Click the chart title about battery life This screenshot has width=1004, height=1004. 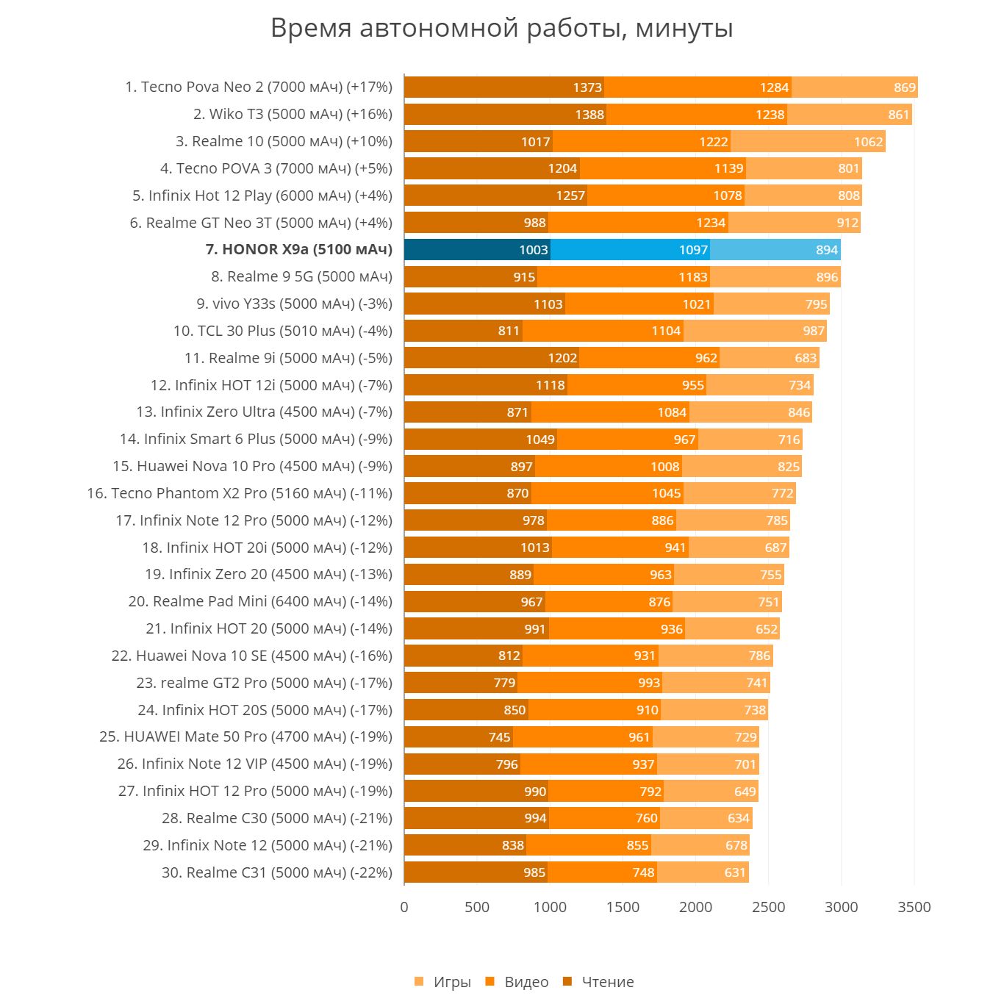[x=502, y=29]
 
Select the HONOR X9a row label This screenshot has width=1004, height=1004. [x=298, y=250]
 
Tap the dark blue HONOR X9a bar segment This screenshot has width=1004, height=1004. [x=477, y=250]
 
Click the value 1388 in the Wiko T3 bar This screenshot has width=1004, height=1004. [x=589, y=115]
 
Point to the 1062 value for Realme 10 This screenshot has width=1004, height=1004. [x=868, y=142]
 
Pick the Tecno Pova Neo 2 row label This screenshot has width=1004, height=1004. [x=259, y=87]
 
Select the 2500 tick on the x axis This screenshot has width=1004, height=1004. [x=768, y=907]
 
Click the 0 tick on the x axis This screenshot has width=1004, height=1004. [x=404, y=907]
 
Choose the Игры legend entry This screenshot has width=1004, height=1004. [x=443, y=982]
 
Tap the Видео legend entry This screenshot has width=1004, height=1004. [x=517, y=982]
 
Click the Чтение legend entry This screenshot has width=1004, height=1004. [x=598, y=982]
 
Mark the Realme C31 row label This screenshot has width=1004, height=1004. [x=277, y=873]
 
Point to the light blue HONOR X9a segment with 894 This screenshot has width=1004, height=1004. [x=775, y=250]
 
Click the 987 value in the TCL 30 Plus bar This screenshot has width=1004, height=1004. [x=814, y=331]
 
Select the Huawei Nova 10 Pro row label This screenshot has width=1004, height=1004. [x=252, y=467]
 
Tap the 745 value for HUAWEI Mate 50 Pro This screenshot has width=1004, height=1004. [x=499, y=737]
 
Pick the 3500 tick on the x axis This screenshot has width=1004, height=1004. [x=914, y=907]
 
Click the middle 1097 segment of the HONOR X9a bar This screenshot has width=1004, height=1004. [x=630, y=250]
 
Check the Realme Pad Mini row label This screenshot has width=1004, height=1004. [x=260, y=602]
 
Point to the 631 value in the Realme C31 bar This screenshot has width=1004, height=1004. [x=735, y=873]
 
